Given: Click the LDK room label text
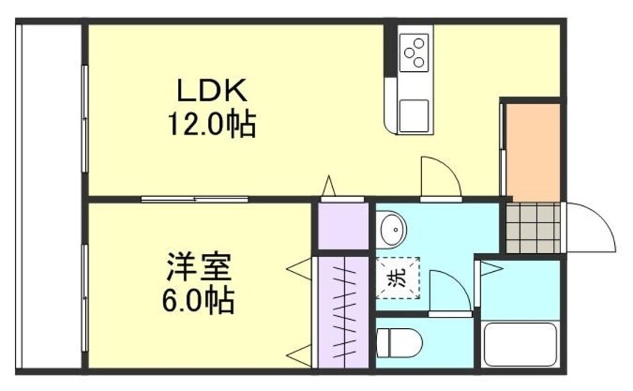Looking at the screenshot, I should pos(211,91).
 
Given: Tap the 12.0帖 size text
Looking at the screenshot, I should pos(211,123).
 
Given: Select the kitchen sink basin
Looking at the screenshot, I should pos(414,115).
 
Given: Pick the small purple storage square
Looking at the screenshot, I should pos(343,225).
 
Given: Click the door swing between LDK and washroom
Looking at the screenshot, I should pos(439,178).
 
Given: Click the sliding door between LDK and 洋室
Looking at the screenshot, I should pos(195,199).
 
